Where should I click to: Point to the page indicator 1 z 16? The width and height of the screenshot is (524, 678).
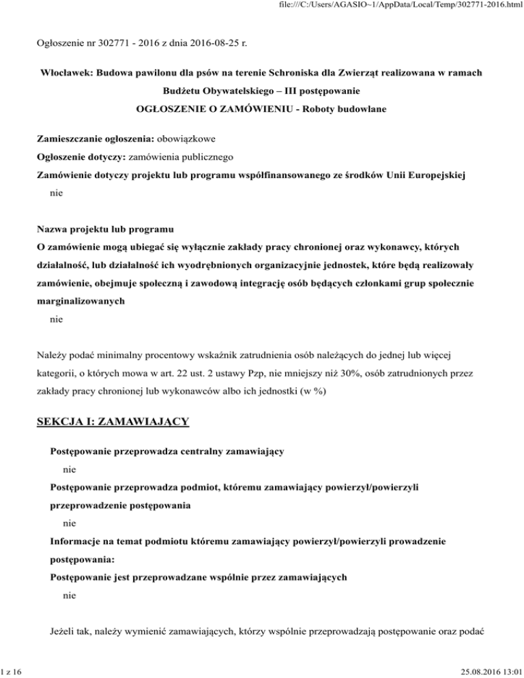tap(12, 671)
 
